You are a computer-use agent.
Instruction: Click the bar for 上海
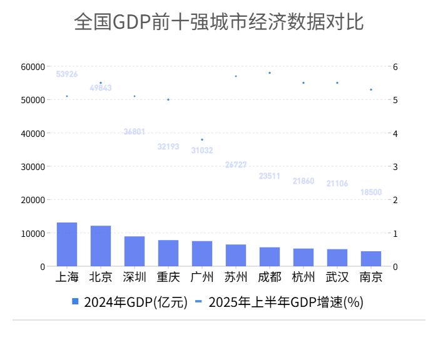click(x=67, y=244)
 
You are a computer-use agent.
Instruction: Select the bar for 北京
click(x=101, y=246)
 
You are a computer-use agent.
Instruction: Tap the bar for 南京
click(x=371, y=259)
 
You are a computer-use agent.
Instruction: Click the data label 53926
click(x=67, y=74)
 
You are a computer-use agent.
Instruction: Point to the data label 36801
click(x=135, y=132)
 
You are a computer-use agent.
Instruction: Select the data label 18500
click(x=371, y=192)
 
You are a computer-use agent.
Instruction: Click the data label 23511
click(x=270, y=176)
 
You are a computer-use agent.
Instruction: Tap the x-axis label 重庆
click(x=168, y=277)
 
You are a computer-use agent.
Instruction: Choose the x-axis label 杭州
click(x=303, y=277)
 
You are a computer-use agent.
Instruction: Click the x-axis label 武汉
click(x=337, y=277)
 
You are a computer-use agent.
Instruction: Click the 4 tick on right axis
click(x=395, y=133)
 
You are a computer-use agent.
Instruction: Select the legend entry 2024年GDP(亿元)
click(x=130, y=302)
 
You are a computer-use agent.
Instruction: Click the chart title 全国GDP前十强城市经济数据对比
click(x=218, y=22)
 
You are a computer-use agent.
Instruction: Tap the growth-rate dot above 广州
click(x=202, y=139)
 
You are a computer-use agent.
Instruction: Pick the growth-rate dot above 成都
click(x=270, y=72)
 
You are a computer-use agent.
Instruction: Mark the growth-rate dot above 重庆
click(x=168, y=99)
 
